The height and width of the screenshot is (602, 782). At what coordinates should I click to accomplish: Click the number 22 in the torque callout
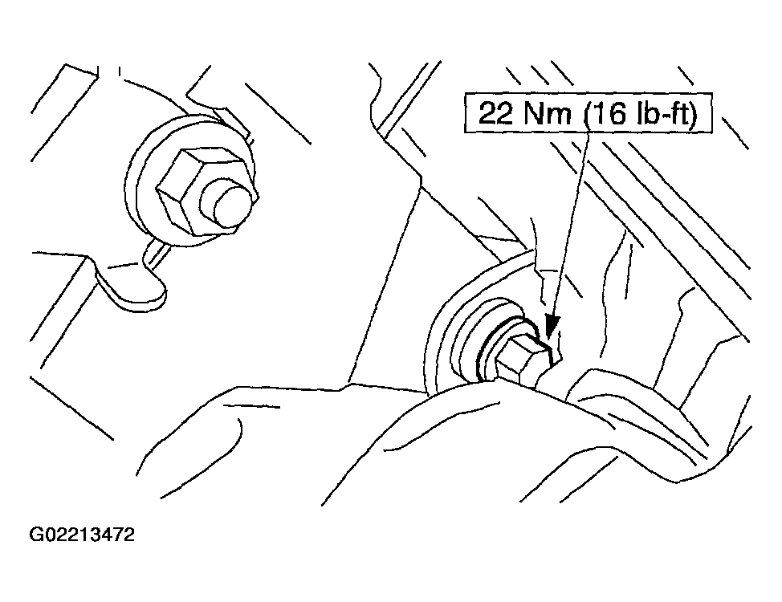[495, 113]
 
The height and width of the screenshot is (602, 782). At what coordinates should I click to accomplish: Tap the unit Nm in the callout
[547, 113]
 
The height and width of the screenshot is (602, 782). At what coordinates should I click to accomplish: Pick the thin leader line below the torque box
[571, 225]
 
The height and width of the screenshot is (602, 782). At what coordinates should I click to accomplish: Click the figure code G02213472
[82, 535]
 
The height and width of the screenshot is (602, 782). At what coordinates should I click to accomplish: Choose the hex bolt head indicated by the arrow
[523, 361]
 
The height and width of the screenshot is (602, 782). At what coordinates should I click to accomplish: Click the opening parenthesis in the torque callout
[586, 114]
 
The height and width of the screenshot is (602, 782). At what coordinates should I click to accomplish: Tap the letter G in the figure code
[36, 535]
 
